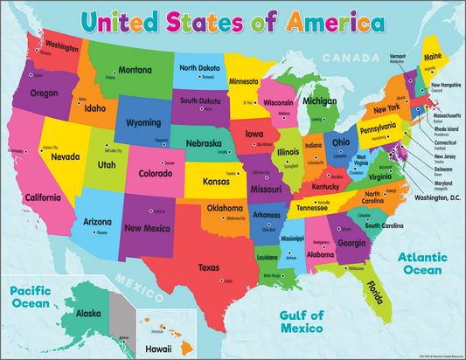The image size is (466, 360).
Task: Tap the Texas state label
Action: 210,267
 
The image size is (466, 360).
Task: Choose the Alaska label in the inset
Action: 88,313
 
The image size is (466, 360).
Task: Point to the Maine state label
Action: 433,58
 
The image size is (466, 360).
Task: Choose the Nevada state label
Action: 66,157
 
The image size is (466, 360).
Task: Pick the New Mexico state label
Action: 145,229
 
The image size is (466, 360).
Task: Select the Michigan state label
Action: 319,101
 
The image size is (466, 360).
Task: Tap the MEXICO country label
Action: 143,282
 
